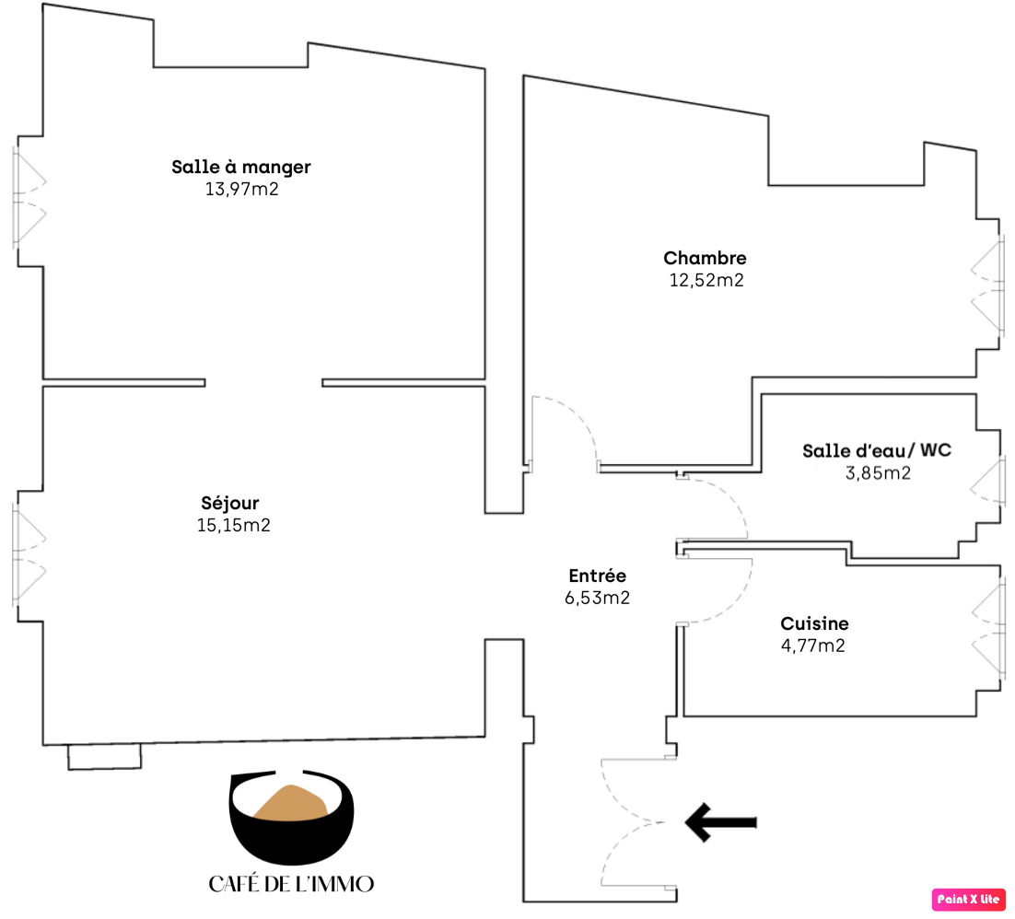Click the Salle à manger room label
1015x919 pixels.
240,168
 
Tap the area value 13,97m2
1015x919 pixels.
241,189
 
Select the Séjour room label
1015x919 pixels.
229,504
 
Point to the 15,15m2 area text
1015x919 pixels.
234,525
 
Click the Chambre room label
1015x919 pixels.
705,258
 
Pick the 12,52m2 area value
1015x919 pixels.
706,280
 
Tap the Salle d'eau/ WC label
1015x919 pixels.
877,450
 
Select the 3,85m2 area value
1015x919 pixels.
878,473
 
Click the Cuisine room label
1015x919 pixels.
814,623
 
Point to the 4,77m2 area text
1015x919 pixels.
813,646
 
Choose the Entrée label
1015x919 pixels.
598,576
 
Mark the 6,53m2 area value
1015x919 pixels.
597,598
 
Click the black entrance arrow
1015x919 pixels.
720,822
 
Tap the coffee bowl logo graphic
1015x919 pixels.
291,817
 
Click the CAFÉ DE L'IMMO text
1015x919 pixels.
291,884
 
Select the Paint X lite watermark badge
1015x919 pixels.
968,899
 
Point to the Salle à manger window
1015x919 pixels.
29,198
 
